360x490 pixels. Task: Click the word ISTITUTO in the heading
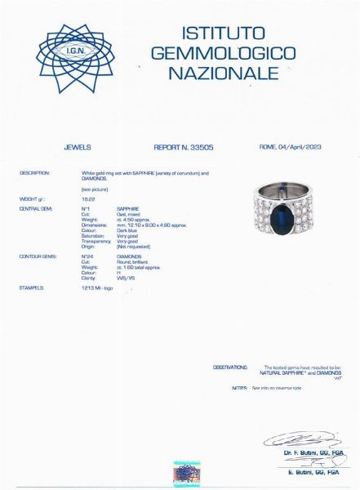pyautogui.click(x=222, y=33)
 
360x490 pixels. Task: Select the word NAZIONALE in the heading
pyautogui.click(x=222, y=73)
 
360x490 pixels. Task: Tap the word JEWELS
pyautogui.click(x=77, y=148)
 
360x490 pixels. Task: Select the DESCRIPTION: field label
pyautogui.click(x=34, y=173)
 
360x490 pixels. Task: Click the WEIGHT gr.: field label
pyautogui.click(x=32, y=198)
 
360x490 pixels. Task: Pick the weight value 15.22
pyautogui.click(x=87, y=198)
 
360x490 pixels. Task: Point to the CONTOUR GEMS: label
pyautogui.click(x=37, y=256)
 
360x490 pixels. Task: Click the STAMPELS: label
pyautogui.click(x=31, y=288)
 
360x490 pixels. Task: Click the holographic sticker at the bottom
pyautogui.click(x=187, y=473)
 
